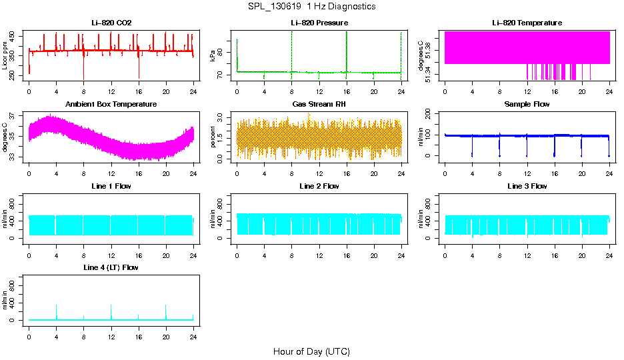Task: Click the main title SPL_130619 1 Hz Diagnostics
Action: click(311, 7)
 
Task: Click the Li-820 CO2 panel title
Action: click(111, 23)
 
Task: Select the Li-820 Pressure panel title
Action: click(319, 23)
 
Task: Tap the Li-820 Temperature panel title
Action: click(527, 23)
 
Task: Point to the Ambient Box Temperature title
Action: click(111, 105)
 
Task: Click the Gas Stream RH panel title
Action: click(319, 105)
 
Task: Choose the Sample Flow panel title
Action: click(527, 105)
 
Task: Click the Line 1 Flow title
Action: click(111, 186)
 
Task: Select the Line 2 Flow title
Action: click(319, 186)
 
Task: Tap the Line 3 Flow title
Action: click(527, 186)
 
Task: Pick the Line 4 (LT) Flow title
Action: click(111, 267)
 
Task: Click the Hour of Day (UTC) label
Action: click(311, 351)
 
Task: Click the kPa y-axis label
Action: click(213, 56)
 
